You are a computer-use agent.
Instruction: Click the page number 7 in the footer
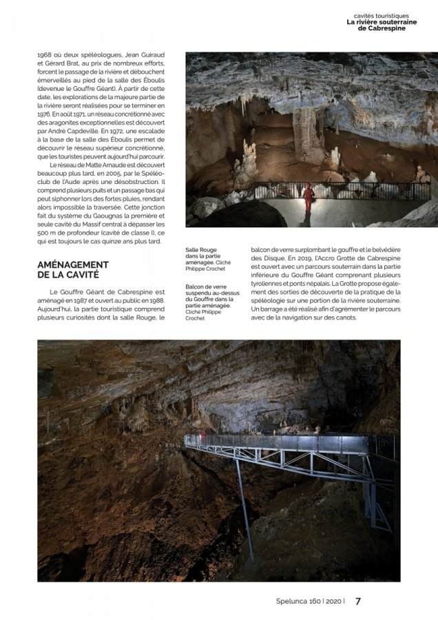[357, 601]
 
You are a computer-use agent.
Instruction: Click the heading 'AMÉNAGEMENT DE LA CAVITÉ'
[72, 269]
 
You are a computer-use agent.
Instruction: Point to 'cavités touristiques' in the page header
[390, 15]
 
